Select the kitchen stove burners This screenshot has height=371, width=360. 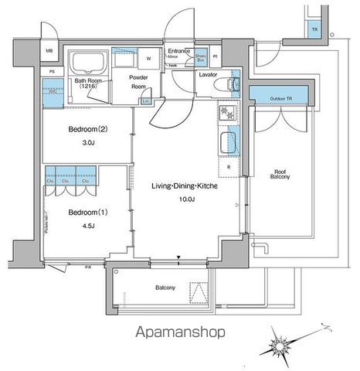pyautogui.click(x=229, y=113)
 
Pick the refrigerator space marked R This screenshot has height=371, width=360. pyautogui.click(x=229, y=166)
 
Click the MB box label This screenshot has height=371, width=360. pyautogui.click(x=49, y=52)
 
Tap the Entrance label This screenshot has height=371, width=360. pyautogui.click(x=179, y=51)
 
